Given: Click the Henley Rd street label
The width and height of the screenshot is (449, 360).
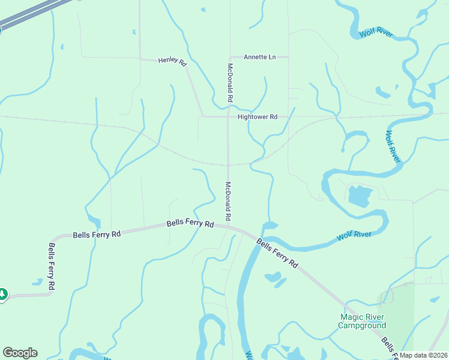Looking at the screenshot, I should pyautogui.click(x=172, y=61).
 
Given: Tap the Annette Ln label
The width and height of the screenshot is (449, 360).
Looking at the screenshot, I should pyautogui.click(x=259, y=57).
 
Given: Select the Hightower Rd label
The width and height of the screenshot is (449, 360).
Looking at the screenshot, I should pyautogui.click(x=257, y=117).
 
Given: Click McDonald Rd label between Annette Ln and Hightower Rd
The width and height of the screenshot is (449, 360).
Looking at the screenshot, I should pyautogui.click(x=229, y=82).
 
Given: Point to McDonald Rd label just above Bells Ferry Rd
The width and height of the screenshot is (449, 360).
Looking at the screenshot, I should pyautogui.click(x=228, y=200).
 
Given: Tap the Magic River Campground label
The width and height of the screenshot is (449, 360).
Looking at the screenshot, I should pyautogui.click(x=361, y=321).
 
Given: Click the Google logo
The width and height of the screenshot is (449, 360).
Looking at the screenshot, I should pyautogui.click(x=20, y=353).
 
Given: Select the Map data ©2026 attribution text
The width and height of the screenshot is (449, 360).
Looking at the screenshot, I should pyautogui.click(x=424, y=355).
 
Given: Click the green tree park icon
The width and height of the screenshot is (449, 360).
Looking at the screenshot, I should pyautogui.click(x=2, y=294).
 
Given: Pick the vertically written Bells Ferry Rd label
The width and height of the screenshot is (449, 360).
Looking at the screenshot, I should pyautogui.click(x=52, y=268).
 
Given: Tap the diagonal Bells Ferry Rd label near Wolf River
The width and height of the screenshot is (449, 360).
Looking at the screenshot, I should pyautogui.click(x=277, y=253).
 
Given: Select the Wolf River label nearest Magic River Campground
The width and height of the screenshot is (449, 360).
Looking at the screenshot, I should pyautogui.click(x=354, y=235).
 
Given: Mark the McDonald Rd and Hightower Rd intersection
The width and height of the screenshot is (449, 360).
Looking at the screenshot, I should pyautogui.click(x=228, y=116).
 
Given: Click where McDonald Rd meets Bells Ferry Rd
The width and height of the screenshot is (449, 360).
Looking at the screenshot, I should pyautogui.click(x=228, y=226).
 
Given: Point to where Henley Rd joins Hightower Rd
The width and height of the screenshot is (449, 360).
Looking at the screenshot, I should pyautogui.click(x=203, y=116).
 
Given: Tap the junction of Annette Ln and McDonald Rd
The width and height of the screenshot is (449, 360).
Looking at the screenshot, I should pyautogui.click(x=228, y=58).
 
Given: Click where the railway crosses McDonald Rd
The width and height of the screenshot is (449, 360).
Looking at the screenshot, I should pyautogui.click(x=228, y=164).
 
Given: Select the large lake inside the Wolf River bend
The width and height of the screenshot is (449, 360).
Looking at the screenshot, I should pyautogui.click(x=359, y=196).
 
